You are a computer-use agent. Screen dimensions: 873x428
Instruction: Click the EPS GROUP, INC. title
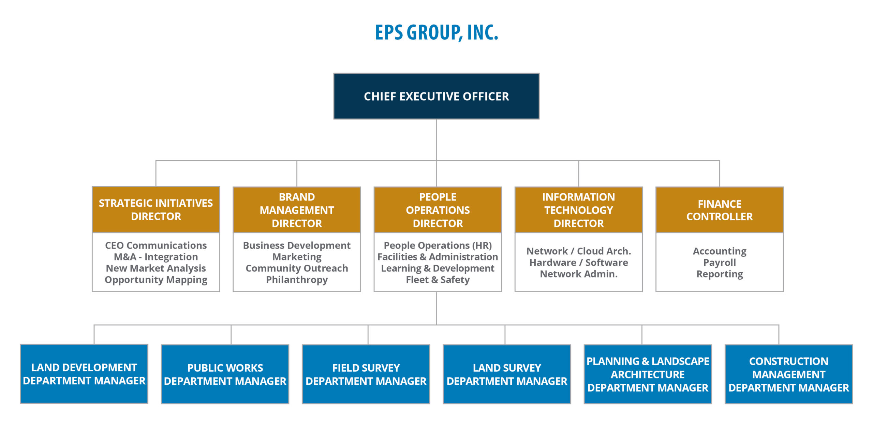tap(436, 33)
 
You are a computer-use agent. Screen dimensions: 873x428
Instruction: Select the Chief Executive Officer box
tap(436, 96)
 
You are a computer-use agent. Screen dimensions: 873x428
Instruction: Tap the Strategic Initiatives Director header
tap(156, 209)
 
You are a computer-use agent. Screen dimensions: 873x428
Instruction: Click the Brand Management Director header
tap(297, 210)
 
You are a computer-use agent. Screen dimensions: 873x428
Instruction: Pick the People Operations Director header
tap(438, 210)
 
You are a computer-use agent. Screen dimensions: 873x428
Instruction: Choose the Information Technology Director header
tap(579, 210)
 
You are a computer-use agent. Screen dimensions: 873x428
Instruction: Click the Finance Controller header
tap(720, 210)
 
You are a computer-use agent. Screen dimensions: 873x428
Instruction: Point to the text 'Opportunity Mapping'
tap(156, 280)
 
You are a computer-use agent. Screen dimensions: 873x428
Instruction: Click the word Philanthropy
tap(297, 280)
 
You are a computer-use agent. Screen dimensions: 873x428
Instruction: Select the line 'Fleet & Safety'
tap(438, 280)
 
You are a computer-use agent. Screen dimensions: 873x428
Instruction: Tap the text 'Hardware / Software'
tap(579, 263)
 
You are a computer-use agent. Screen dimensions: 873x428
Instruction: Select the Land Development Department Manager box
tap(84, 374)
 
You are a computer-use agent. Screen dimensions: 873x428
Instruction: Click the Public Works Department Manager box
tap(225, 374)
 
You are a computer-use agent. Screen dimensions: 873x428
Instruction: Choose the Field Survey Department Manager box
tap(366, 374)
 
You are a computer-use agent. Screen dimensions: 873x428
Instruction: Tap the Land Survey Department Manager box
tap(507, 374)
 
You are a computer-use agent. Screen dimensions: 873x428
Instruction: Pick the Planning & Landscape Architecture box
tap(648, 374)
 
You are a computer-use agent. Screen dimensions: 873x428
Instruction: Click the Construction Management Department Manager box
tap(789, 374)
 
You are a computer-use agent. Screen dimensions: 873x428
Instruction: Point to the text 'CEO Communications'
tap(156, 246)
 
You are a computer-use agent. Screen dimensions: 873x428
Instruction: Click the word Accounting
tap(720, 251)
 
